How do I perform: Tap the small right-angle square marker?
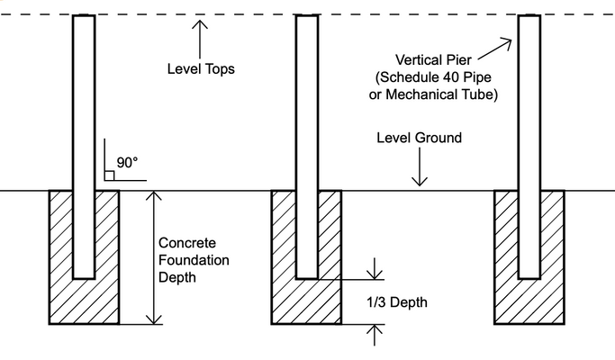109,175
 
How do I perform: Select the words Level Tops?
201,68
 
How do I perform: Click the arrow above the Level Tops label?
200,36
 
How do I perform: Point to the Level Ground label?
419,138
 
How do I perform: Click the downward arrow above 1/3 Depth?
373,268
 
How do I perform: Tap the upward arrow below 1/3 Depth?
373,335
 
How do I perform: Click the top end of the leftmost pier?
83,17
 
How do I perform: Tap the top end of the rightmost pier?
529,17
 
